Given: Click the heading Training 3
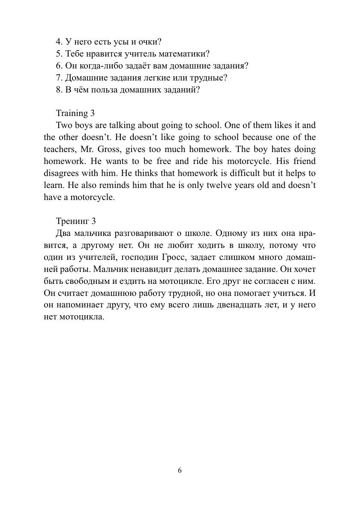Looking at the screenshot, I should coord(75,113).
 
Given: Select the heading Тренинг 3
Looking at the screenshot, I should coord(75,221).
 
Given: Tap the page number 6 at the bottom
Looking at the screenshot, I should coord(180,470).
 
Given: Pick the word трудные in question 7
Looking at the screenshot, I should coord(208,78).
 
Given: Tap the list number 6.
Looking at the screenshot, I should coord(59,66).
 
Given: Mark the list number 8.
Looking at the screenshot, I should coord(59,90).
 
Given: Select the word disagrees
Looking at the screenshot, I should coord(60,174).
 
